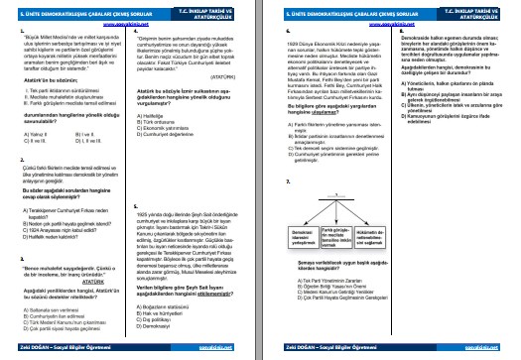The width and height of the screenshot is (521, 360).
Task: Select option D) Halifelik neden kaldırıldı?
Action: [x=63, y=224]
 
